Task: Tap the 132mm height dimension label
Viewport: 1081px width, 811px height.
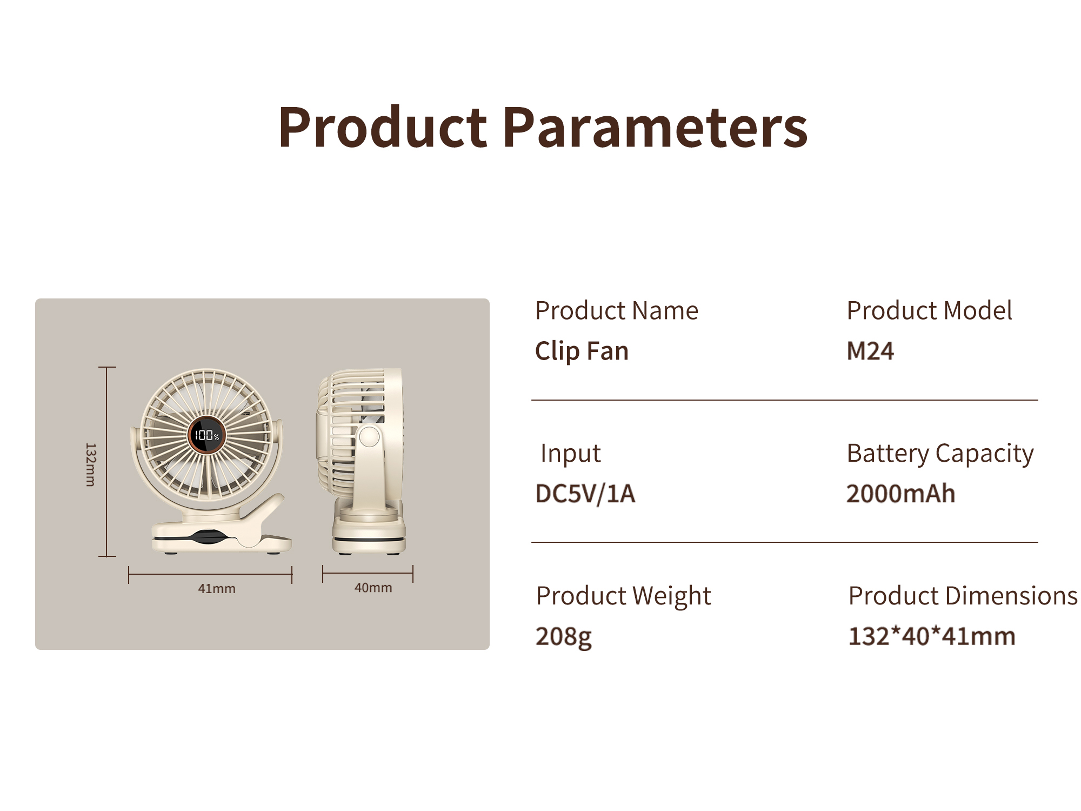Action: tap(91, 464)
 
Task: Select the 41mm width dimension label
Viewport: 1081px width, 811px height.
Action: tap(217, 589)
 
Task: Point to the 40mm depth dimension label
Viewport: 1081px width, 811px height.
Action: tap(373, 588)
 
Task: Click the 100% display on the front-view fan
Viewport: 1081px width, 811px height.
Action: tap(207, 435)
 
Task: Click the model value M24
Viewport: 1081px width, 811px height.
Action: tap(870, 351)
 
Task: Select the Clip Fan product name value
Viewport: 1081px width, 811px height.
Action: tap(582, 351)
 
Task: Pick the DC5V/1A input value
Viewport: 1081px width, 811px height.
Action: tap(585, 494)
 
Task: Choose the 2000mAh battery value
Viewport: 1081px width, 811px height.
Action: tap(901, 494)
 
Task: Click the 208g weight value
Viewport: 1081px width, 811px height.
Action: tap(564, 637)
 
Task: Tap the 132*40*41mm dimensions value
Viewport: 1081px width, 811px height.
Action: tap(932, 636)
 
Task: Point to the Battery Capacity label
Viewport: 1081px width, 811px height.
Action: tap(940, 454)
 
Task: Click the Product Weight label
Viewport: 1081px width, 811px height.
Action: tap(624, 596)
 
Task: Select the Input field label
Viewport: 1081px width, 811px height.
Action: tap(571, 454)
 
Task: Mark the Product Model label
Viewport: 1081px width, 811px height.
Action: tap(930, 311)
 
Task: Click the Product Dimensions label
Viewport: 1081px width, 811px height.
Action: tap(963, 596)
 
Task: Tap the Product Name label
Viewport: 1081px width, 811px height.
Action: tap(617, 311)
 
